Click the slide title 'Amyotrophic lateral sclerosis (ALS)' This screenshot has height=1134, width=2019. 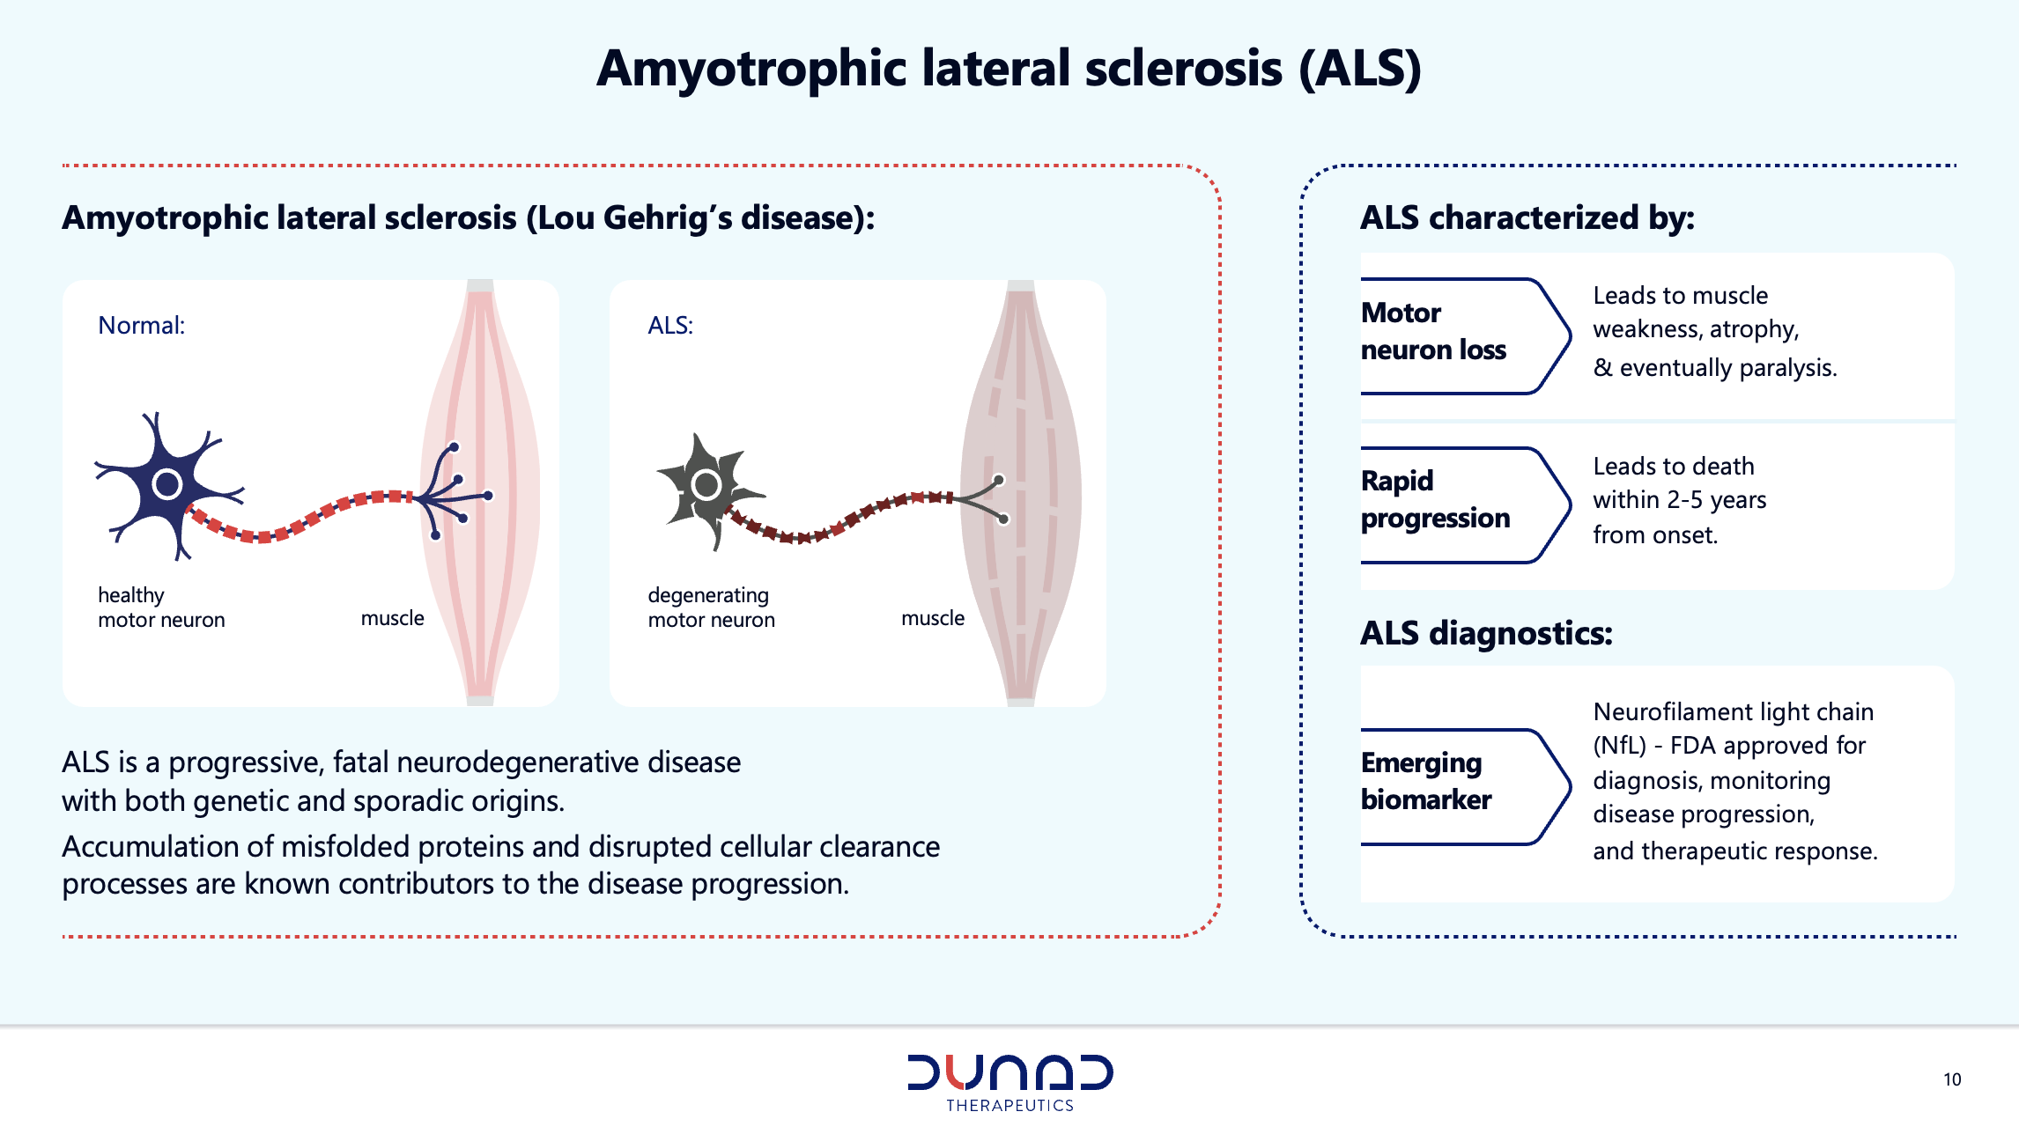(1009, 69)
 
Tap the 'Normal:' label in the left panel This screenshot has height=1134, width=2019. (141, 326)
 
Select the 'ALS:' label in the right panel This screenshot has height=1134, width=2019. (670, 326)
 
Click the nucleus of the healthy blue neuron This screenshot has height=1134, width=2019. (166, 483)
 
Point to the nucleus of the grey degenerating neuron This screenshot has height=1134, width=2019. (706, 483)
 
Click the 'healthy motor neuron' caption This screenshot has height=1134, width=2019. (161, 607)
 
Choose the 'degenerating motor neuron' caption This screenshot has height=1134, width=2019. (712, 607)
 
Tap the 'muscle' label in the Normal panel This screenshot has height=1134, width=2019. (392, 618)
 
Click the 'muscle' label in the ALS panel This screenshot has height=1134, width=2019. (933, 618)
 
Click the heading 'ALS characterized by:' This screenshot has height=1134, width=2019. (1527, 217)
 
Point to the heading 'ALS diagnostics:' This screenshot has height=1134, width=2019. (1486, 633)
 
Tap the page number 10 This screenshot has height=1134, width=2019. (1952, 1079)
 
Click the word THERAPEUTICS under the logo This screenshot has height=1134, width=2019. (1009, 1106)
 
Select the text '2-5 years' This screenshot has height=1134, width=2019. (1717, 500)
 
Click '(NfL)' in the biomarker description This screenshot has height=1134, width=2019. (1619, 746)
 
